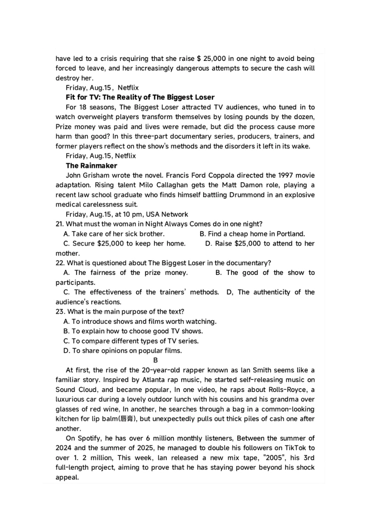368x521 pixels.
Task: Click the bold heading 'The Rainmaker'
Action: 91,166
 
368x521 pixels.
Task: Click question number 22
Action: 60,263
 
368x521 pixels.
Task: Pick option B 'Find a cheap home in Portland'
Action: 252,234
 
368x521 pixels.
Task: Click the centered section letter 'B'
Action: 155,360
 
